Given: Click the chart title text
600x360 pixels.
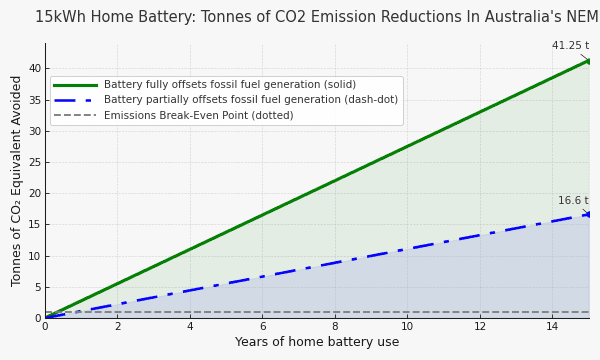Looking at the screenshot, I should (x=316, y=17).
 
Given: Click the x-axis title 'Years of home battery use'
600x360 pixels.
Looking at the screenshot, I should (x=316, y=342).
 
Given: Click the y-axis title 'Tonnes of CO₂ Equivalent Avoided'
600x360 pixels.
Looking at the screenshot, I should (x=17, y=181).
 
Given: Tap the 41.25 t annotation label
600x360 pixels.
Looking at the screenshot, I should (x=570, y=46).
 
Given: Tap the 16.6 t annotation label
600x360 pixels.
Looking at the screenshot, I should (x=573, y=201).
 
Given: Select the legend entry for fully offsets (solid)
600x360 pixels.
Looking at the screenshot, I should (x=230, y=85).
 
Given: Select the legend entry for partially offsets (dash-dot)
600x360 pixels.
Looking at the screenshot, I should (x=250, y=100).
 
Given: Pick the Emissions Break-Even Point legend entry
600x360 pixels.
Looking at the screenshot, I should (x=198, y=115).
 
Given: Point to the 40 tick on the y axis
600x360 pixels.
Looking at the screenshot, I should (x=34, y=68).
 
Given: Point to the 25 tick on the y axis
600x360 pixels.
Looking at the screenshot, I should (x=34, y=162).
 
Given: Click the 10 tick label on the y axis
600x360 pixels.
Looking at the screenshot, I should (x=34, y=256).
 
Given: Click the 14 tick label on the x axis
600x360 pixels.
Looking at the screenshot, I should (x=552, y=326).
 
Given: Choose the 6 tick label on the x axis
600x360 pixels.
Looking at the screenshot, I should (x=262, y=326).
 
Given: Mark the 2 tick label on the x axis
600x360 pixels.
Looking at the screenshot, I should (x=117, y=326).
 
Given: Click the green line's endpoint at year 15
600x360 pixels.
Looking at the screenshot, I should (x=589, y=61).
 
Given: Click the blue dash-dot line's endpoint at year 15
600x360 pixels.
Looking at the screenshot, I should (x=589, y=214).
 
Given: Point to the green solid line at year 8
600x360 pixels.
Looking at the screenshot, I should (x=335, y=181).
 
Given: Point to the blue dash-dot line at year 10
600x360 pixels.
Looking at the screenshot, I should (x=407, y=249).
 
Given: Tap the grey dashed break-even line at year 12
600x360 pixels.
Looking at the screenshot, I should (x=480, y=312).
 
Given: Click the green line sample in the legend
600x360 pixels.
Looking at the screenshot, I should (x=75, y=85).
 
